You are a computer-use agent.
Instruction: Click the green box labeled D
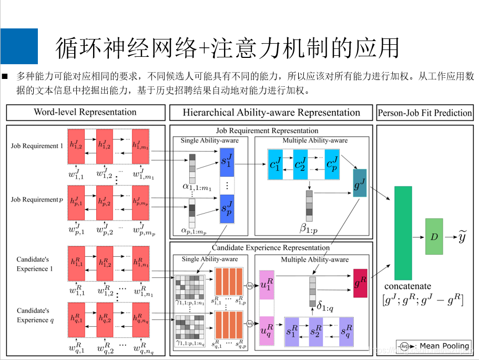point(434,237)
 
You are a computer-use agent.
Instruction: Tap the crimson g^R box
point(360,283)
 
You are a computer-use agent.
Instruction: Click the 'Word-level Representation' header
point(85,112)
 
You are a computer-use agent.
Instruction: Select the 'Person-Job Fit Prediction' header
point(425,113)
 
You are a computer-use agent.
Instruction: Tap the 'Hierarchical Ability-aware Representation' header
point(271,113)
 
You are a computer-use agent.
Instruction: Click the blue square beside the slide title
point(19,46)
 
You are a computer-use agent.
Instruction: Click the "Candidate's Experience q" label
point(33,315)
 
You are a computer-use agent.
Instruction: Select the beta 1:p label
point(309,228)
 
